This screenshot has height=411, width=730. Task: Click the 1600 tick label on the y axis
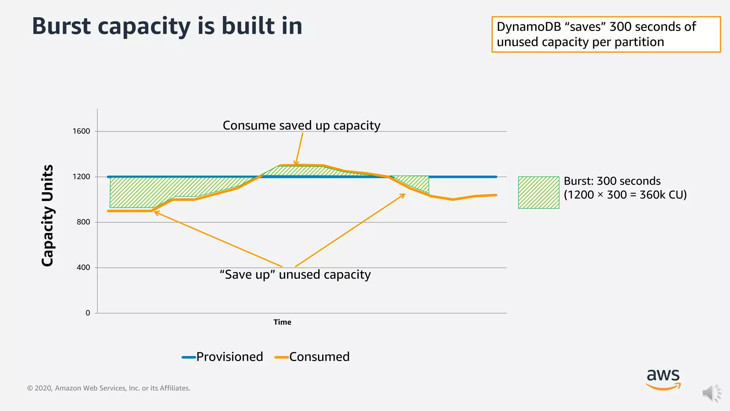pos(81,131)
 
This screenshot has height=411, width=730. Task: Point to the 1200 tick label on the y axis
pos(81,177)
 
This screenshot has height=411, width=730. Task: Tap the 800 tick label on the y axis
pos(83,222)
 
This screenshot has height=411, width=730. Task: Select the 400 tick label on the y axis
pos(83,268)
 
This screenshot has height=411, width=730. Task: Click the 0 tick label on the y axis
pos(88,313)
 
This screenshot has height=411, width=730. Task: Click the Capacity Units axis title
pos(47,215)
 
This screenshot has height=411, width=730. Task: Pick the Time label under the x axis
pos(282,322)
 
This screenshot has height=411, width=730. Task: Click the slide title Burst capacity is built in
pos(167,26)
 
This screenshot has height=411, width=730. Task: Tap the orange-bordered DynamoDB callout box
pos(606,34)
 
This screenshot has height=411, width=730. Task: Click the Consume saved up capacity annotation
pos(302,126)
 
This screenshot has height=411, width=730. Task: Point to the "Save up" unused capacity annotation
pos(295,275)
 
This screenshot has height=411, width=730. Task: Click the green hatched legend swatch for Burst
pos(539,192)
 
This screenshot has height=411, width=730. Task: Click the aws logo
pos(663,379)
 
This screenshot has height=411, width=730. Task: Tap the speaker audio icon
pos(711,393)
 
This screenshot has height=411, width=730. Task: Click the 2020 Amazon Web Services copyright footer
pos(109,388)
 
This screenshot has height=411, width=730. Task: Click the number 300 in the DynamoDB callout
pos(620,27)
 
